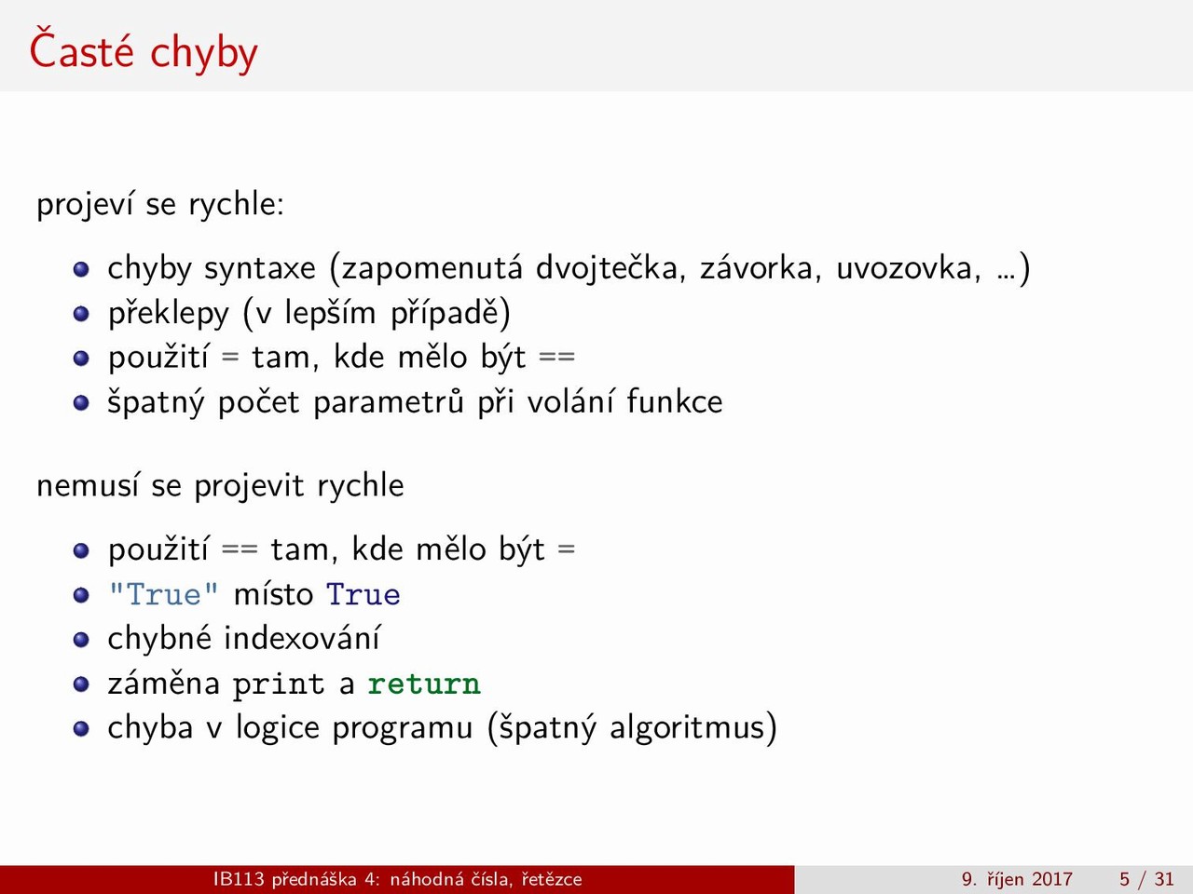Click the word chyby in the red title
(x=204, y=54)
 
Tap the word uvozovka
(x=908, y=268)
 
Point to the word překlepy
(x=169, y=314)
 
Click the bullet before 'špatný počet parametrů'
(x=81, y=402)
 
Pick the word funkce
(x=675, y=401)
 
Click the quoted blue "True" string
(x=164, y=594)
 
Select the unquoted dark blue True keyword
(x=363, y=595)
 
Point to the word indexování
(x=302, y=638)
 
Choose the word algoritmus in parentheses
(x=687, y=728)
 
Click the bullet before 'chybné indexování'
(x=81, y=640)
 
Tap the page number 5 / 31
(x=1146, y=879)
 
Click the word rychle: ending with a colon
(x=236, y=205)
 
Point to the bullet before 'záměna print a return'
(x=81, y=684)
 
